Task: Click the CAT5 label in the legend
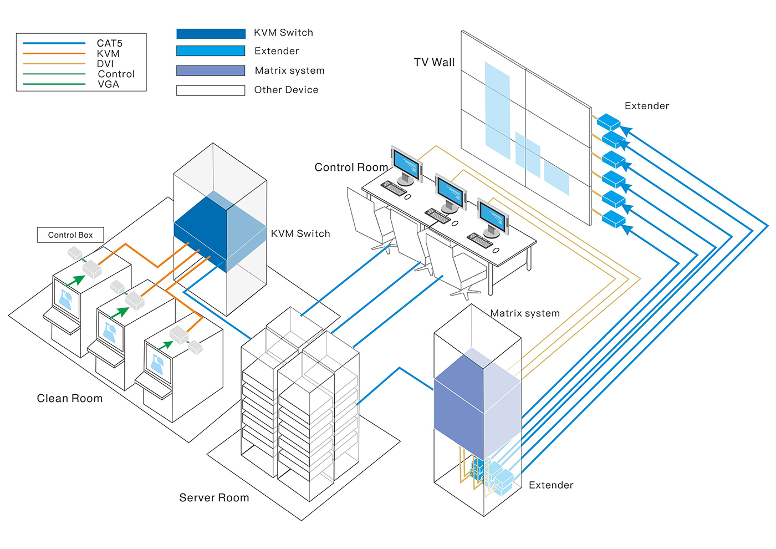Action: (109, 43)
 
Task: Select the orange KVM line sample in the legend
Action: (54, 54)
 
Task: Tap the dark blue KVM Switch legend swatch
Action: (211, 34)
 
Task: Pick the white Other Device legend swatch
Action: (211, 90)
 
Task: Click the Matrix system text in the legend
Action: (289, 70)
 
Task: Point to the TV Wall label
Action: (434, 63)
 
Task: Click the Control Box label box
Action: (70, 235)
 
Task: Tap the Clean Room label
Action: (70, 399)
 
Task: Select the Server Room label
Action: (214, 498)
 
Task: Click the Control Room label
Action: (351, 167)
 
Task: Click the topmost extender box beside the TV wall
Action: (608, 121)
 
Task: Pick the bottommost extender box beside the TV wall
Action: (614, 218)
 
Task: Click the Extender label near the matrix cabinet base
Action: (551, 485)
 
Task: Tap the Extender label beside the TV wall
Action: (647, 106)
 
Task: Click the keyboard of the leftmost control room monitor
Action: (394, 188)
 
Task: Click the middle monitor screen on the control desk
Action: (450, 191)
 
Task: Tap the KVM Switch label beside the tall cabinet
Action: (300, 234)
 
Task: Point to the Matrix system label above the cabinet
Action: (525, 313)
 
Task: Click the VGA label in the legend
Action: (108, 84)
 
